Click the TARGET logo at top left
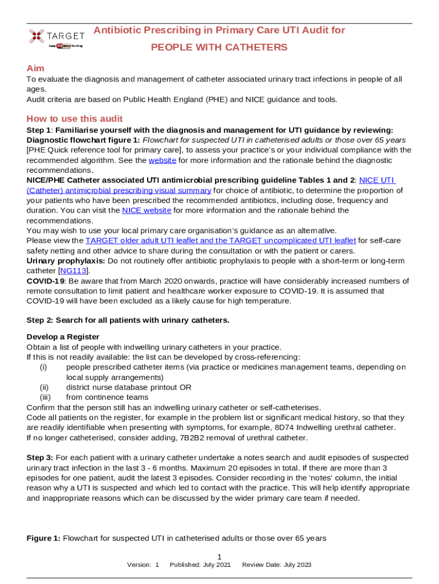pos(56,37)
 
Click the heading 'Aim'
pos(35,68)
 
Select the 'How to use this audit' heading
pos(75,119)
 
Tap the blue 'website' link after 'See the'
pos(162,160)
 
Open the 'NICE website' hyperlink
pos(147,210)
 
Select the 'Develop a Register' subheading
pos(63,336)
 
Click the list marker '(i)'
pos(43,367)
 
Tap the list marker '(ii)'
pos(43,387)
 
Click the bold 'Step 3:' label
pos(40,457)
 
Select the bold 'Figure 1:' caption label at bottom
pos(43,538)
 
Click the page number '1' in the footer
pos(219,557)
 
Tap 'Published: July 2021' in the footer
pos(200,565)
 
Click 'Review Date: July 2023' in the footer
pos(277,565)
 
